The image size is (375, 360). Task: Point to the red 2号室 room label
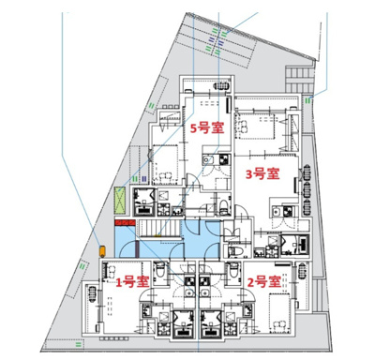[263, 280]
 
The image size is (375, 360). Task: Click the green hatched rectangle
[120, 202]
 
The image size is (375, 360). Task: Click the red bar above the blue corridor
[125, 221]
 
